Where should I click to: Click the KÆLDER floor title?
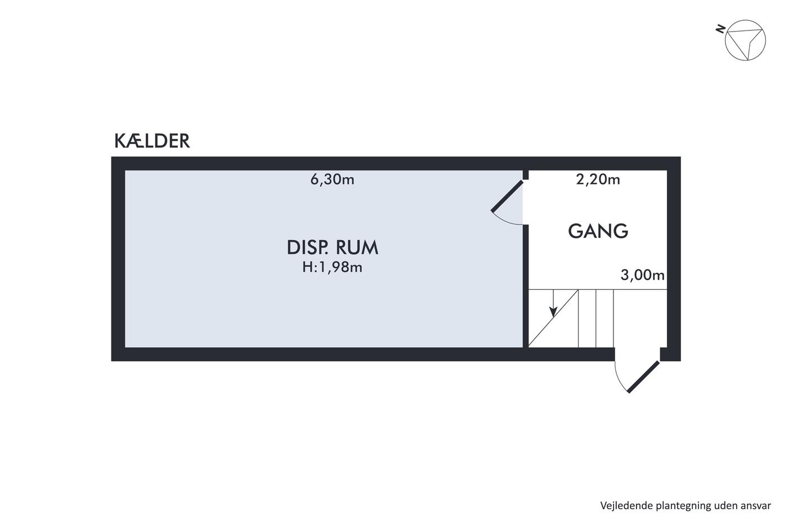(x=152, y=141)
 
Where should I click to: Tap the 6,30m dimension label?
(x=332, y=180)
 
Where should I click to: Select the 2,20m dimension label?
(x=598, y=180)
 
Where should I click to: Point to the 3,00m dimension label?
(x=642, y=275)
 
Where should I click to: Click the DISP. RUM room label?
(x=332, y=248)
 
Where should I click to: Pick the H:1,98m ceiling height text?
(x=332, y=267)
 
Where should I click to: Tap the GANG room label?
(x=598, y=231)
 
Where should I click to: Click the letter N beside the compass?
(x=720, y=29)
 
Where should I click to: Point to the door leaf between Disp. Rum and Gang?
(x=507, y=196)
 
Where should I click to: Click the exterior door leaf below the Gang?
(x=643, y=376)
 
